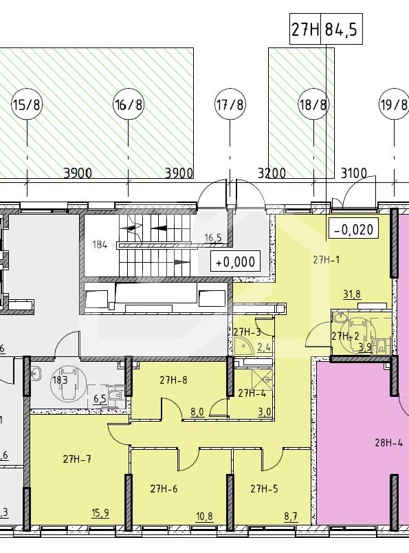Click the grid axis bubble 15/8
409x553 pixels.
[27, 105]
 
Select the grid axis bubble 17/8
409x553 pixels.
[230, 105]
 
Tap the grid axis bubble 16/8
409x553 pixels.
[128, 105]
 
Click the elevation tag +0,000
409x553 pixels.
[235, 261]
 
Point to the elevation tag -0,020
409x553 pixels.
[353, 228]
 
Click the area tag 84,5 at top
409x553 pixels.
[342, 30]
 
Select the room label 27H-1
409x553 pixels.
[327, 260]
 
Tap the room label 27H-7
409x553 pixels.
[77, 459]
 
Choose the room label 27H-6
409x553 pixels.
[164, 489]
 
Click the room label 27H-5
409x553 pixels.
[264, 489]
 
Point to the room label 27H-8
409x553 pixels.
[173, 380]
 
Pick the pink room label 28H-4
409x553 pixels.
[388, 443]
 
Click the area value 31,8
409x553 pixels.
[352, 294]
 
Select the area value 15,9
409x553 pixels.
[100, 513]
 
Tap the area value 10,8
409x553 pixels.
[205, 517]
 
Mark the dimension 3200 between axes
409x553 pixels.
[272, 173]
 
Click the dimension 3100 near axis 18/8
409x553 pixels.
[353, 173]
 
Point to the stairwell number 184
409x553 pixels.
[100, 244]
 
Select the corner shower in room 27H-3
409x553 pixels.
[244, 347]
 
